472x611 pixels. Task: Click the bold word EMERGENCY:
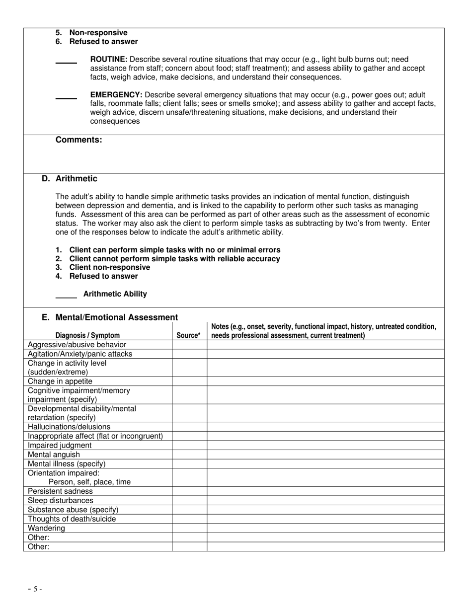click(116, 94)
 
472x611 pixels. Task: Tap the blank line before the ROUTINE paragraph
click(66, 63)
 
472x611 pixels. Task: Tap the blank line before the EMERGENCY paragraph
click(66, 98)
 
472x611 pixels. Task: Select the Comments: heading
click(79, 140)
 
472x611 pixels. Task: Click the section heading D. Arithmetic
click(70, 179)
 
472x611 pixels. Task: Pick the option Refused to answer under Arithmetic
click(103, 276)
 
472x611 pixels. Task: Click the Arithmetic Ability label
click(115, 294)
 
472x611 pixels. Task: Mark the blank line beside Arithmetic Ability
click(66, 297)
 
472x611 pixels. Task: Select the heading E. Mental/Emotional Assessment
click(110, 317)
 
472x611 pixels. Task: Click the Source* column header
click(189, 335)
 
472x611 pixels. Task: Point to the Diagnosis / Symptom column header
click(87, 335)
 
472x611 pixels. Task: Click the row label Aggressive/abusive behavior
click(77, 345)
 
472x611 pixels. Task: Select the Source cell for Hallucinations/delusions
click(189, 427)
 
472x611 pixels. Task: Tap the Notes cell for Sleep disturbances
click(325, 501)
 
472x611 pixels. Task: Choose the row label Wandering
click(46, 528)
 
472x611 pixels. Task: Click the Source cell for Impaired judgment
click(189, 446)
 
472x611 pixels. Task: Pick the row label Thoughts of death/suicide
click(72, 519)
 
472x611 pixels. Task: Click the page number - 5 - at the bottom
click(35, 589)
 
